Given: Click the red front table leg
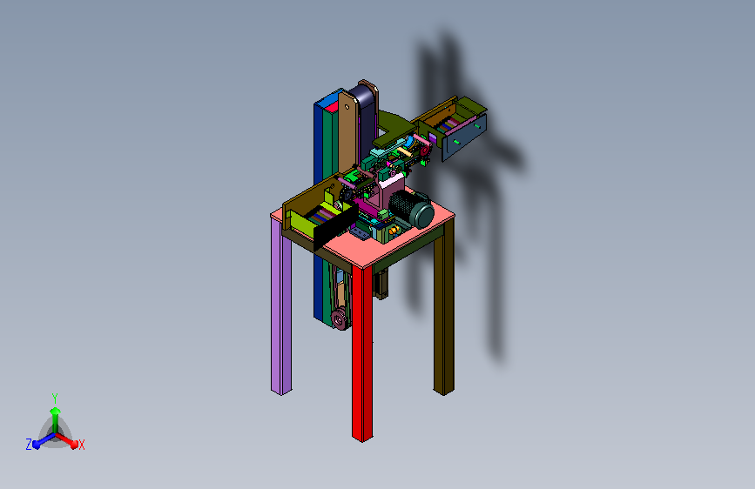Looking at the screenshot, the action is [x=362, y=352].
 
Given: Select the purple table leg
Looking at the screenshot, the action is [x=280, y=308].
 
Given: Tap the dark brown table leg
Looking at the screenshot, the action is [x=444, y=308].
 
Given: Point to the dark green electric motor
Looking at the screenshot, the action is [x=412, y=208].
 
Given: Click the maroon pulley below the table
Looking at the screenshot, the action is [x=340, y=318].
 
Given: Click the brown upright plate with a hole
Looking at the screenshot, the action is [x=347, y=132].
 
